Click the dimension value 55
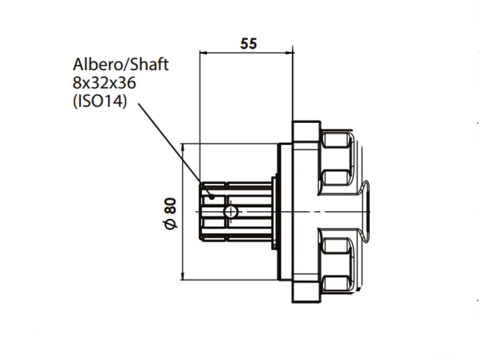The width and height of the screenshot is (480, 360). [x=248, y=44]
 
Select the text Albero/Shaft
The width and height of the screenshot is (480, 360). [x=120, y=64]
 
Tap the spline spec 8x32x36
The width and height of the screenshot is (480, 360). [x=104, y=83]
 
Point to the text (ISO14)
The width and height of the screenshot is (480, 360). [x=100, y=101]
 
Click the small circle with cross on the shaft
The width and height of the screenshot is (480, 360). [x=230, y=212]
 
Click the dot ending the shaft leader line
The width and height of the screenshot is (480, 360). [x=212, y=197]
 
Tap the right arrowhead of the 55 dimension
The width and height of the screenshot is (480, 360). [x=289, y=53]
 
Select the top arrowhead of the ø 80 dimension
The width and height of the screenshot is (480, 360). [x=183, y=148]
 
